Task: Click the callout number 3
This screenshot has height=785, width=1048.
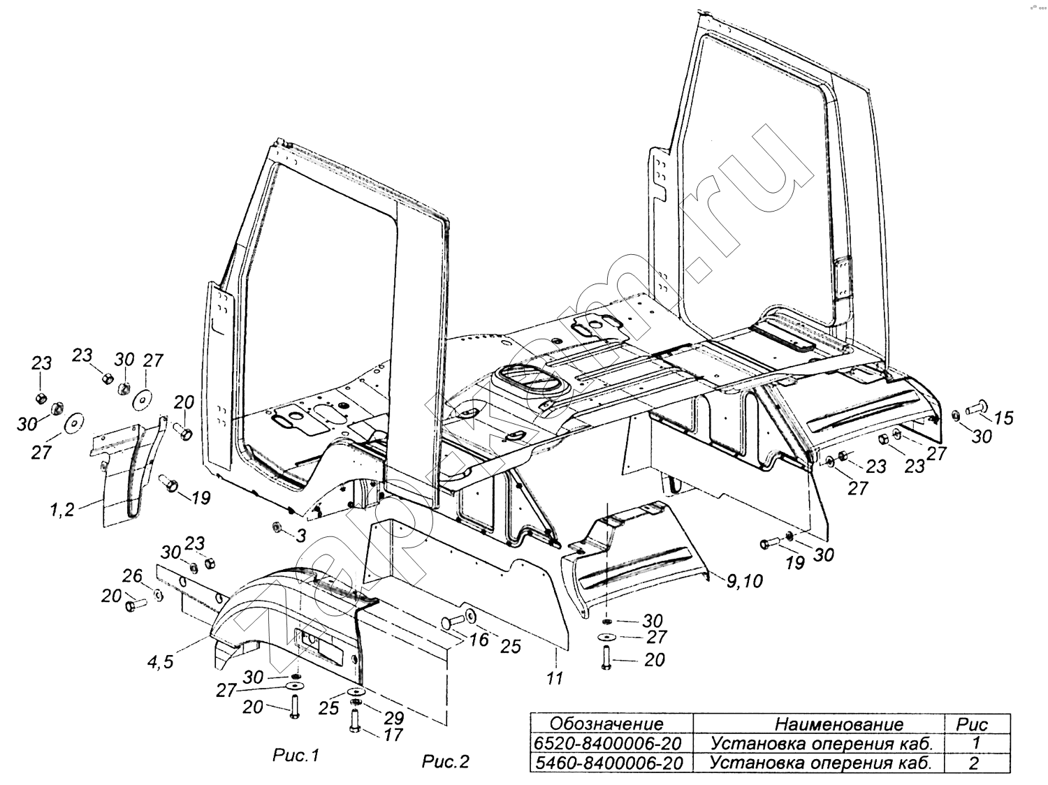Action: point(301,536)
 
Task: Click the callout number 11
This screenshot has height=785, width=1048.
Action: point(555,678)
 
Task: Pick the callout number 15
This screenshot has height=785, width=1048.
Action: point(1003,418)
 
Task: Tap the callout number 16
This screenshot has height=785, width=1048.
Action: point(479,640)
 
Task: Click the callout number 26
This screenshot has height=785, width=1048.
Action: point(132,576)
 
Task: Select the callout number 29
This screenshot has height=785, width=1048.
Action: point(394,717)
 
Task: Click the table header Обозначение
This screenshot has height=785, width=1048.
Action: point(606,724)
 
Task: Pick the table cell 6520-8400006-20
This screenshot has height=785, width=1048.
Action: point(611,742)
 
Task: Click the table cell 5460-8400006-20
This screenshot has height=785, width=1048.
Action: point(611,763)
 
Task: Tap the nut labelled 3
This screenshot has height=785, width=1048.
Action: point(277,526)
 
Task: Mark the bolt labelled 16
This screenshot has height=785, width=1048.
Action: point(452,621)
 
